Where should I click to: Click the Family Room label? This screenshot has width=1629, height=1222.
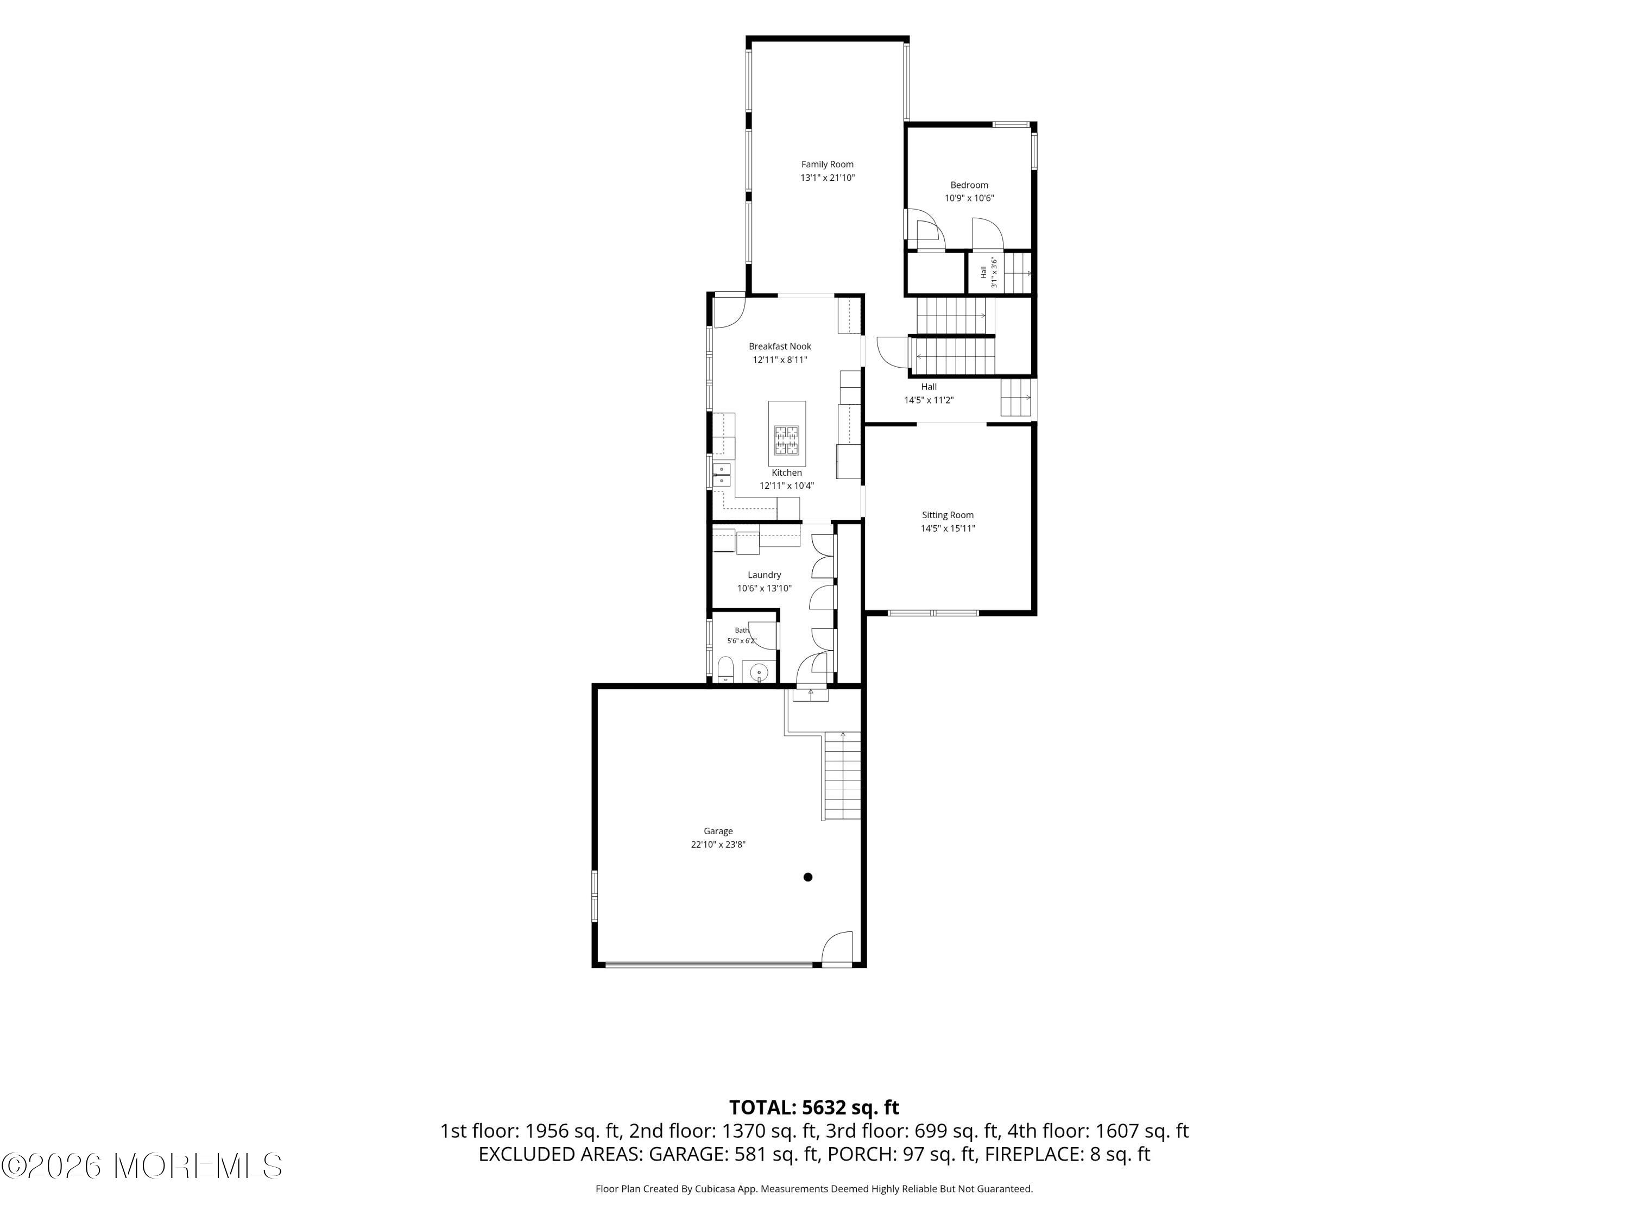(827, 164)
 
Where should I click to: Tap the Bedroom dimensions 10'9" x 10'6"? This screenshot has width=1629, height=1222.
(969, 198)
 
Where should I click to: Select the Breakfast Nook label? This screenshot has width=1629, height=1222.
(780, 346)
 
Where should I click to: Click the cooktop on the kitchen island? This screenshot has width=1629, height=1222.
(786, 440)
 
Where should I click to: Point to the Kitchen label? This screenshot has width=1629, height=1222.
(786, 473)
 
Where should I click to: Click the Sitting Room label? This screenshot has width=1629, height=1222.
(948, 515)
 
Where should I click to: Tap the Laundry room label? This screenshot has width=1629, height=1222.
(765, 575)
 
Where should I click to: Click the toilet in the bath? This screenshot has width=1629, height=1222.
(725, 670)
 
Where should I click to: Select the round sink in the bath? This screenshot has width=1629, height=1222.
(759, 672)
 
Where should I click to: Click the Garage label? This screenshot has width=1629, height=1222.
(718, 831)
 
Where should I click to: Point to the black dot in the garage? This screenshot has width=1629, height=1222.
(808, 877)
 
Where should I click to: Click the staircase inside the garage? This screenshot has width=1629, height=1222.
(842, 776)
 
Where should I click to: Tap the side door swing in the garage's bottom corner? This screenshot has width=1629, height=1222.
(837, 948)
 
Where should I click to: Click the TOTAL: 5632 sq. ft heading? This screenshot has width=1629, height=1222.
(814, 1107)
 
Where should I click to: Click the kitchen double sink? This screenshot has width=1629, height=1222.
(722, 474)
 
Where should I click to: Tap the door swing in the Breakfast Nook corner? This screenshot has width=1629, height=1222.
(730, 311)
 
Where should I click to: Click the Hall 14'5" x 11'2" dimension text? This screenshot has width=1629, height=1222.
(929, 400)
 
